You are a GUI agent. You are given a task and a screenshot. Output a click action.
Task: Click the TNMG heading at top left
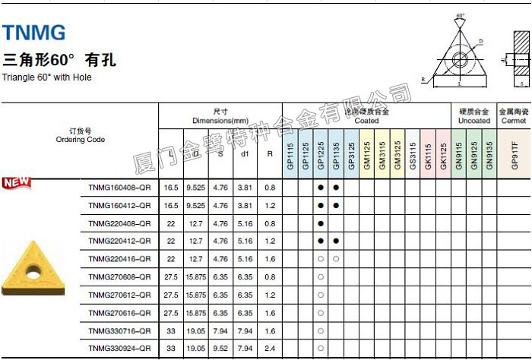(x=34, y=32)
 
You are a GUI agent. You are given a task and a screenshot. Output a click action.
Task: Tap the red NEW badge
(x=16, y=182)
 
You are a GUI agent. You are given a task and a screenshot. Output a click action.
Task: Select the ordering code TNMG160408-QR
(x=119, y=187)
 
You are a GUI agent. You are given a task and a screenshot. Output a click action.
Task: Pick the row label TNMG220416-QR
(x=119, y=259)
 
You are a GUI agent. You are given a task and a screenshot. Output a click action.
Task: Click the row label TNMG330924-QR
(x=119, y=349)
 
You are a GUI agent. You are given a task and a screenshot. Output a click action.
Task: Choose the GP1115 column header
(x=290, y=156)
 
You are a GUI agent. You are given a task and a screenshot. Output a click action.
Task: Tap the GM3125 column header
(x=397, y=156)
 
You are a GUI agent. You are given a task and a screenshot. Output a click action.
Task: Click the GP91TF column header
(x=515, y=156)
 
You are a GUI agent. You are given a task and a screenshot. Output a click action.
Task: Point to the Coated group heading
(x=366, y=121)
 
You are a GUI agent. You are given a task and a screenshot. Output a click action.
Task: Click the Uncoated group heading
(x=473, y=121)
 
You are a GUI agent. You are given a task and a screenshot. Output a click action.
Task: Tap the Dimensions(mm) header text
(x=220, y=121)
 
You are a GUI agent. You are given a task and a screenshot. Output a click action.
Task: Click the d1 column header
(x=245, y=153)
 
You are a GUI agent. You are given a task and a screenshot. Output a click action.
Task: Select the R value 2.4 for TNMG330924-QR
(x=270, y=349)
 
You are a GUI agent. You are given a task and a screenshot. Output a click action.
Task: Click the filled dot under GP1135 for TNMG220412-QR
(x=336, y=241)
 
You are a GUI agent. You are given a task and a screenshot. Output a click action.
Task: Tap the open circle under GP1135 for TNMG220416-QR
(x=336, y=259)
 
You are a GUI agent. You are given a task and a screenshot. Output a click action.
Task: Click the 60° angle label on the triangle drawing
(x=461, y=15)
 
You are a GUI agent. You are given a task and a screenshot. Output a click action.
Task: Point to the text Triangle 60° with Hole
(x=47, y=77)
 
